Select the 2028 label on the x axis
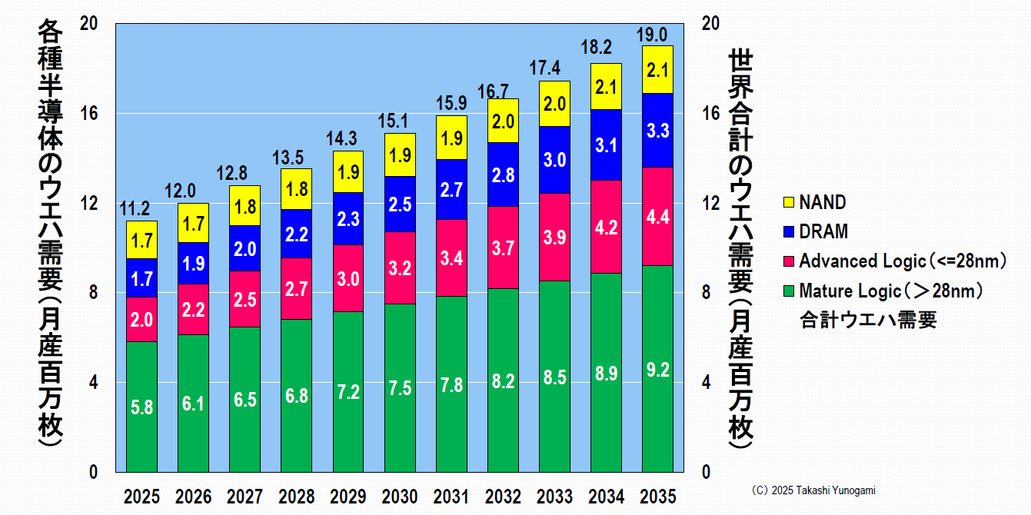click(296, 497)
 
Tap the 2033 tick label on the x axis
click(554, 497)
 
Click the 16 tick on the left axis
click(90, 113)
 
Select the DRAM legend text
click(823, 231)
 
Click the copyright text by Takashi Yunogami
click(813, 490)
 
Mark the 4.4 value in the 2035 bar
click(657, 217)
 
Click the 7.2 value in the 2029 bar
click(348, 392)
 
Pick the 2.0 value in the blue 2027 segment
click(244, 249)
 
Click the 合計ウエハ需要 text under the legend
click(868, 321)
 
